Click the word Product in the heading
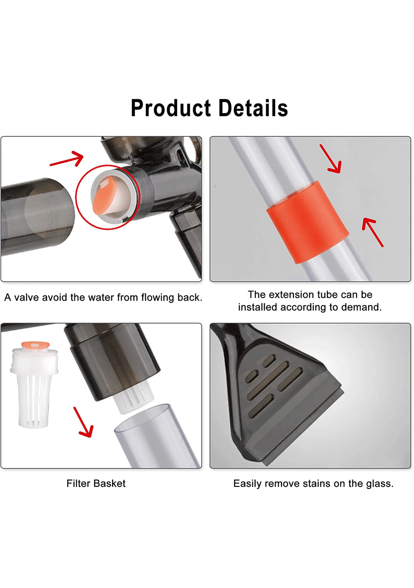tap(171, 108)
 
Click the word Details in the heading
tap(253, 108)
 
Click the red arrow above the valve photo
tap(67, 159)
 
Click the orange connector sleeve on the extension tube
tap(308, 222)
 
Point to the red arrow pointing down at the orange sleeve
tap(331, 159)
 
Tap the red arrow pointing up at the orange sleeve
tap(373, 233)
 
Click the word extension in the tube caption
tap(291, 294)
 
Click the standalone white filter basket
tap(34, 384)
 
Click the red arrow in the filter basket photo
tap(83, 422)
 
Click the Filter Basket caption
tap(96, 483)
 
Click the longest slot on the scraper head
tap(268, 380)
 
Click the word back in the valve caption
tap(190, 298)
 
